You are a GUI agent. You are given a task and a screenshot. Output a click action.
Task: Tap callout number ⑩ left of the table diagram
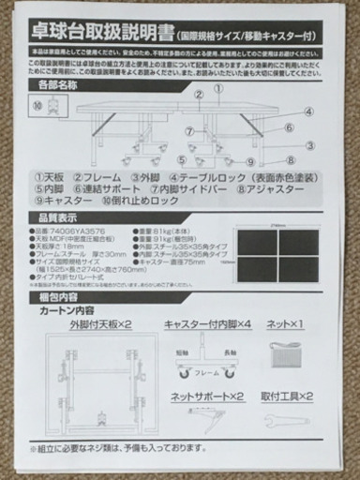(36, 105)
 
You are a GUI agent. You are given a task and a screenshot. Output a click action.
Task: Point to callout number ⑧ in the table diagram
(292, 160)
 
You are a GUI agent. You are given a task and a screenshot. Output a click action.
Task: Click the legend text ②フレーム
(103, 176)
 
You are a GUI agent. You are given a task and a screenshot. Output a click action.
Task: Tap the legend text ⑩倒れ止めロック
(142, 201)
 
